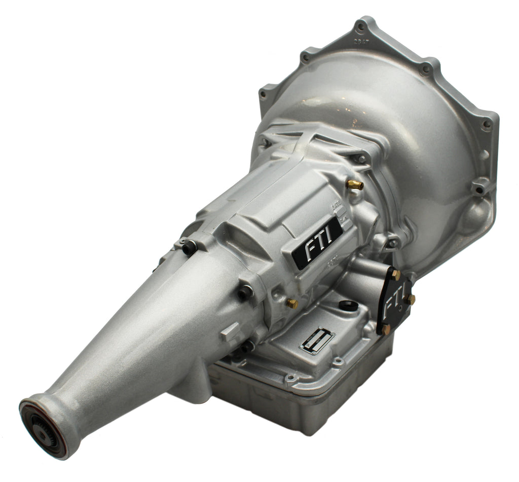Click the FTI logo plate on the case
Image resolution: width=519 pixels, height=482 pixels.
point(317,242)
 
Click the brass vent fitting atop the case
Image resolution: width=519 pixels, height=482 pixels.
point(355,185)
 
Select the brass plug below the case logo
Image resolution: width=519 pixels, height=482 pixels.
point(291,303)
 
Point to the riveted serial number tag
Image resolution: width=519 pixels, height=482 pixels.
point(317,339)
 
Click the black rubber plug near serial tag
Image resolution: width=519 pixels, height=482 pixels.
point(348,305)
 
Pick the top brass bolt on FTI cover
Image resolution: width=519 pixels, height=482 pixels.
point(395,274)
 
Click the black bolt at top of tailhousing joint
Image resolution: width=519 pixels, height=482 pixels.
point(189,247)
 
